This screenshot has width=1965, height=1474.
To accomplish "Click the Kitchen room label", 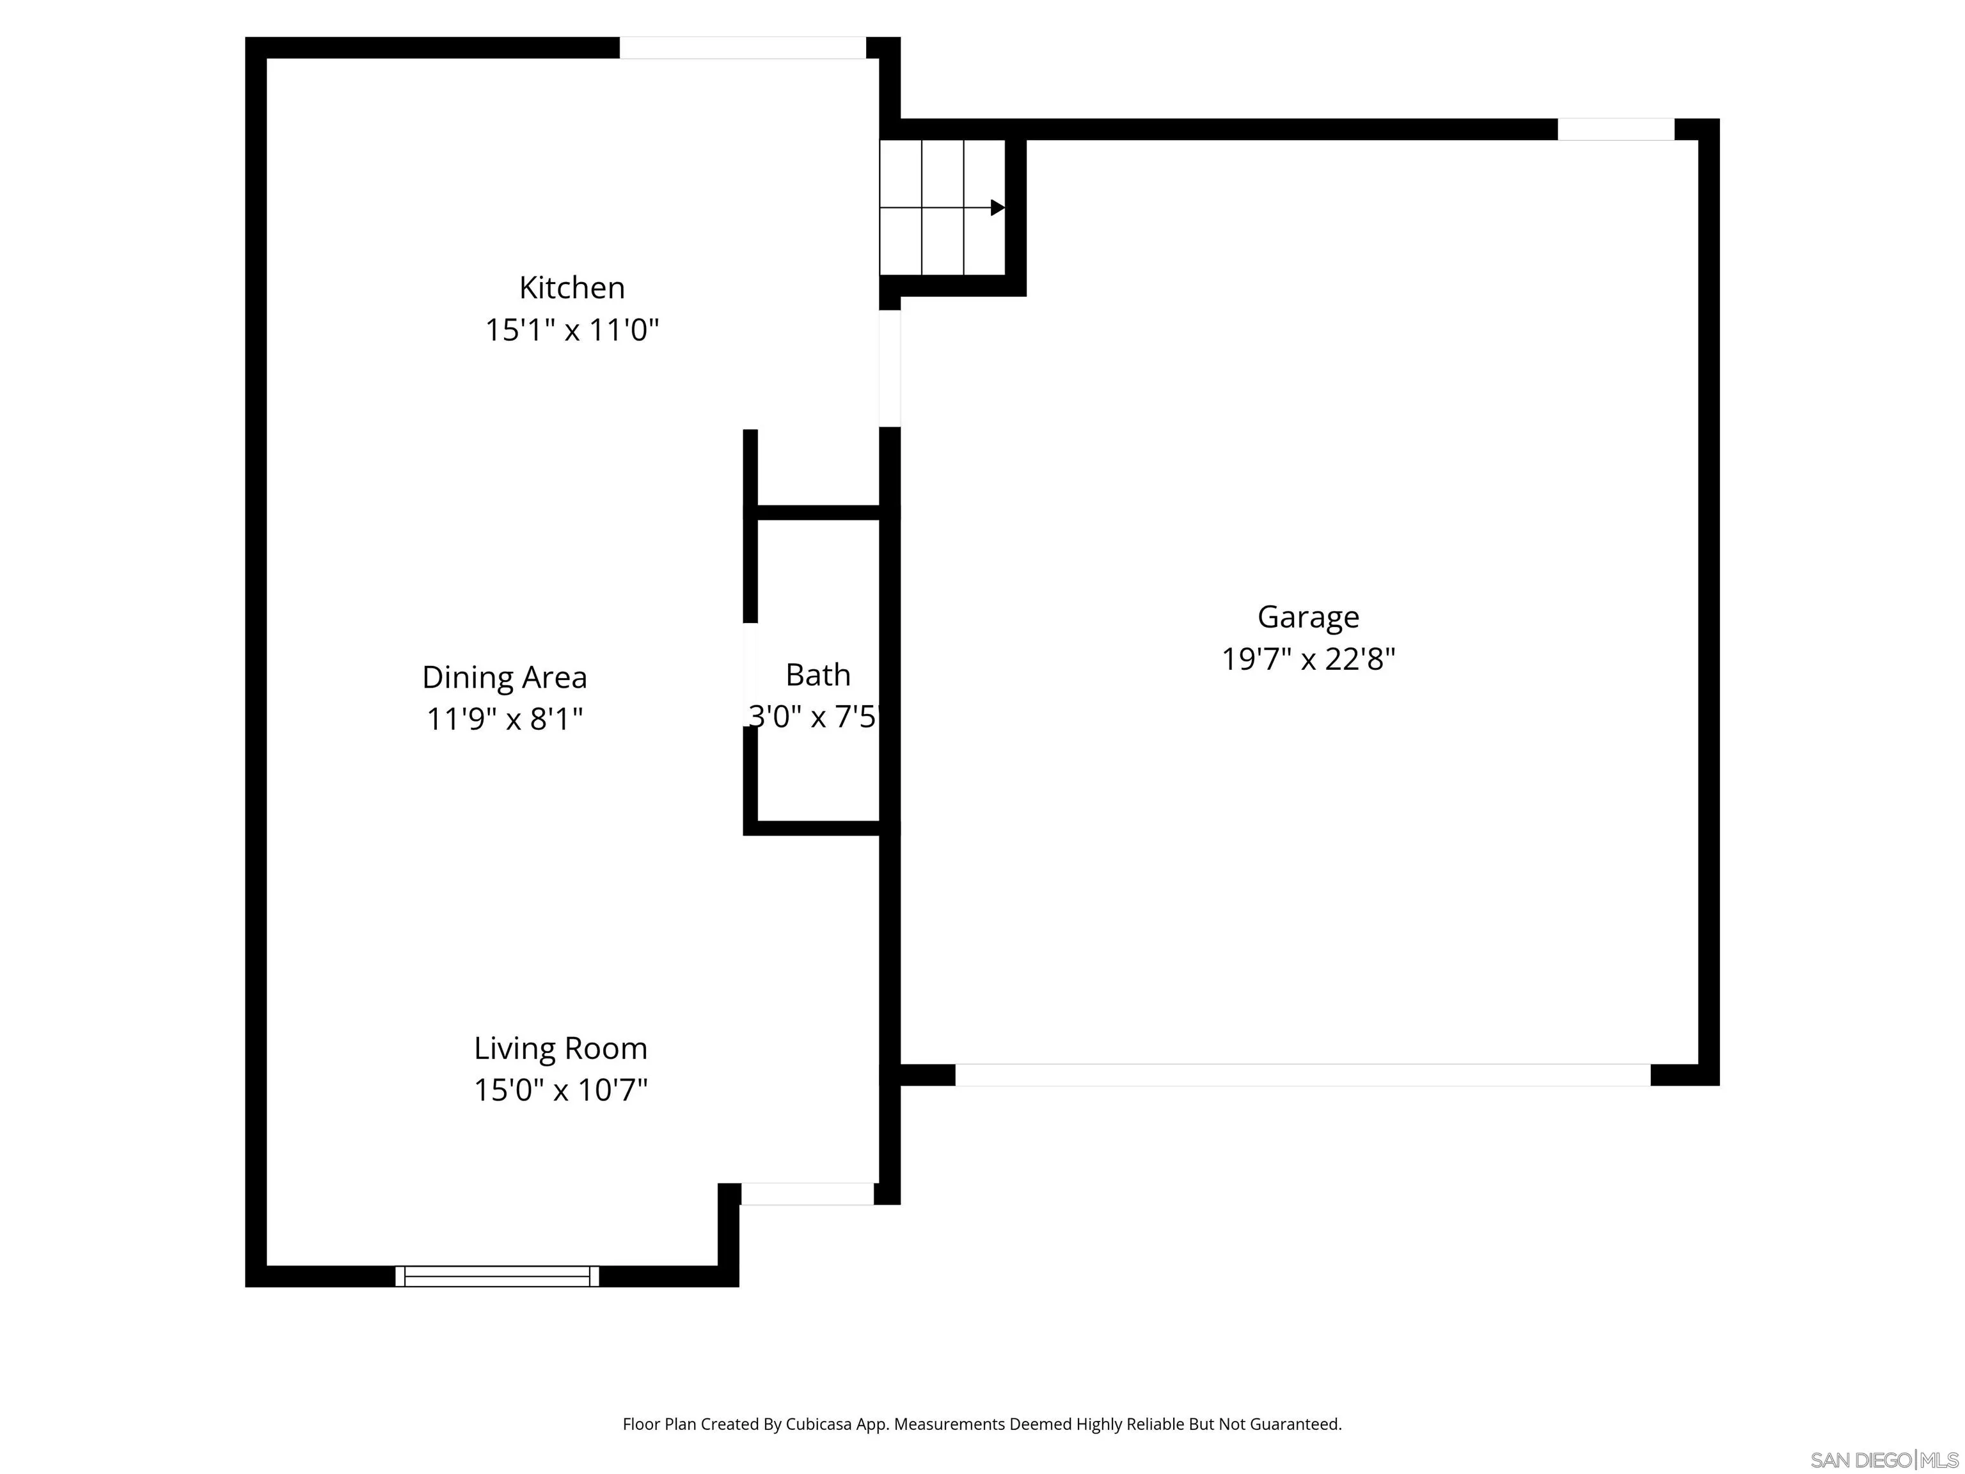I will point(571,288).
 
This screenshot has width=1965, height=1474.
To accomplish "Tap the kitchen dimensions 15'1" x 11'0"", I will point(571,331).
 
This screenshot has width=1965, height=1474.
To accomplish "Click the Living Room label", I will point(560,1049).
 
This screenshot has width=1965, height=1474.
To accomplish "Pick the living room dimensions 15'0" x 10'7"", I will point(560,1090).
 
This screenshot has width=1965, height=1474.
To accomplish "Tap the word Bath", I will point(817,675).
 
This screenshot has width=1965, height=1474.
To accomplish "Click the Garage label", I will point(1307,617).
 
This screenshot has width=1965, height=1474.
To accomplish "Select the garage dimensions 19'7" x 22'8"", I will point(1307,659).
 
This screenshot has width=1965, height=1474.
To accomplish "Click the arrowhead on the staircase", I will point(998,208).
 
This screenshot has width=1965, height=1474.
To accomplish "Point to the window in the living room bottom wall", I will point(496,1276).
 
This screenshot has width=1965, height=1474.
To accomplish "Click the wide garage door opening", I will point(1302,1074).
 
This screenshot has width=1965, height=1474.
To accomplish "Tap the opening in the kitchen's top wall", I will point(742,48).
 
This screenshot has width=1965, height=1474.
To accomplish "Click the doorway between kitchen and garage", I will point(889,368).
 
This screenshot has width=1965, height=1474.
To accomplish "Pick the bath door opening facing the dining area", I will point(750,674).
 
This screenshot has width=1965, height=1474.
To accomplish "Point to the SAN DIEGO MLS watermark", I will point(1883,1460).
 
